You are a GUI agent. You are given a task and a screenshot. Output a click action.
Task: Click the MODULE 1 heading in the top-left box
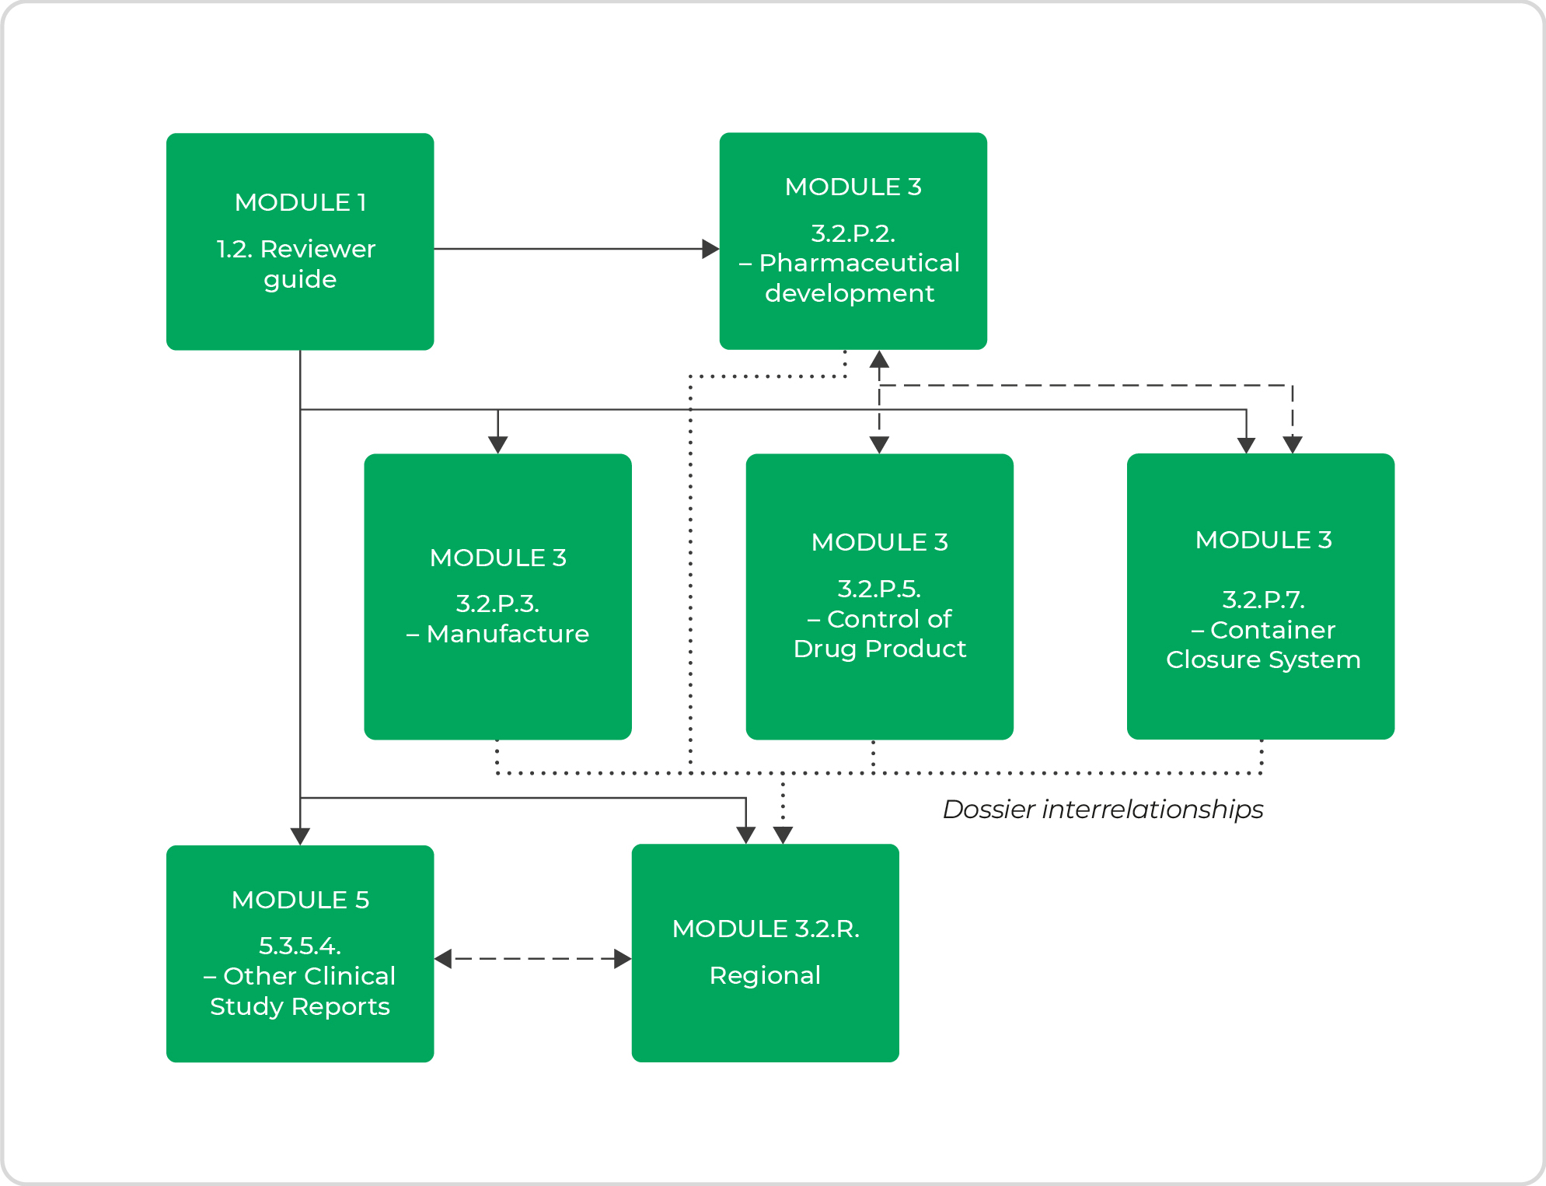point(300,202)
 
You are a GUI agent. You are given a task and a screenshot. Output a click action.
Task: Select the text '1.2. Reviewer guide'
point(297,264)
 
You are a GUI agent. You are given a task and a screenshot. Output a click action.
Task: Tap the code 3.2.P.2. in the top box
point(853,233)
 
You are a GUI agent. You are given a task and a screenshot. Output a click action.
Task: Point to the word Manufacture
point(508,634)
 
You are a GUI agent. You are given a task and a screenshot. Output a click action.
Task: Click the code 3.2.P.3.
point(497,603)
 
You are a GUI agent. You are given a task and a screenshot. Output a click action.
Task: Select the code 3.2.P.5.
point(879,588)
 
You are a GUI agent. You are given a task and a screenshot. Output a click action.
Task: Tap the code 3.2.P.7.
point(1263,599)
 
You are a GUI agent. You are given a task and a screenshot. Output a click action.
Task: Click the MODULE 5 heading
point(300,900)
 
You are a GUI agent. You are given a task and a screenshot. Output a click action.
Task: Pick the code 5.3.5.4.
point(300,946)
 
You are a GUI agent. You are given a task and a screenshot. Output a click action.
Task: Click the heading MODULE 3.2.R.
point(766,929)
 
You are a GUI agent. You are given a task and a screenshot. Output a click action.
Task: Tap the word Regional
point(765,975)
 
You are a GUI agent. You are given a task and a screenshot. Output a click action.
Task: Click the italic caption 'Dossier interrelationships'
point(1102,810)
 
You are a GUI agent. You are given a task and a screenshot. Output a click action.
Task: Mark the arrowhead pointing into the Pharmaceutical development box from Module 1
point(710,249)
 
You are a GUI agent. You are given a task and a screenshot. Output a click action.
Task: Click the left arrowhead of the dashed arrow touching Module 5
point(443,959)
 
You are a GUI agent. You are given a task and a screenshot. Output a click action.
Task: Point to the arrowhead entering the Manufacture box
point(497,445)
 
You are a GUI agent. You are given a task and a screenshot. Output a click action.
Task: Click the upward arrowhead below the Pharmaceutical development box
point(879,359)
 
